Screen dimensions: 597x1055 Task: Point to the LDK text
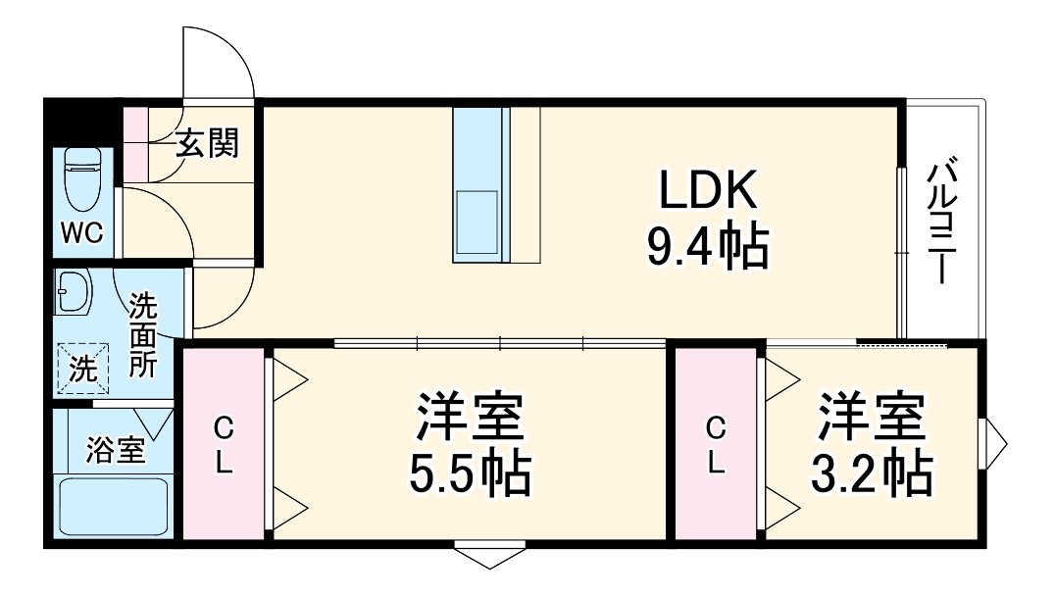point(707,191)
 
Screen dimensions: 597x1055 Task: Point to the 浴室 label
point(116,450)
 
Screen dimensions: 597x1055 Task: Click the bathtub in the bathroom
point(114,506)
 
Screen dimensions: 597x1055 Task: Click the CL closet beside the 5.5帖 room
point(225,444)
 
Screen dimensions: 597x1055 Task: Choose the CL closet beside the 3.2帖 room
point(717,444)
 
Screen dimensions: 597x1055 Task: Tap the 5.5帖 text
point(469,475)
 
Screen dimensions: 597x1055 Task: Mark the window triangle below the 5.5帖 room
point(489,557)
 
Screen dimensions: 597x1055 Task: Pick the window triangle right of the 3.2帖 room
point(996,444)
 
